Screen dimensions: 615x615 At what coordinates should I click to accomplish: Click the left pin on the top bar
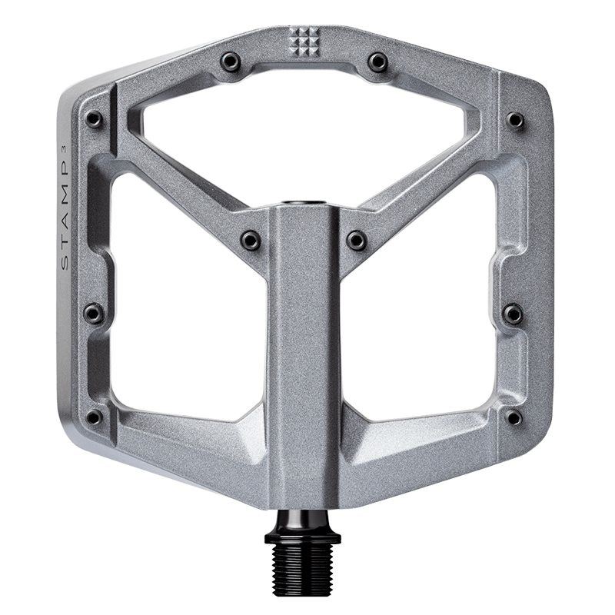point(230,61)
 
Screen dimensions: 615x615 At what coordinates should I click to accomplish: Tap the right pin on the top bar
point(377,61)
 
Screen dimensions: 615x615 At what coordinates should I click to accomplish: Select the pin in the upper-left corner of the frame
point(94,119)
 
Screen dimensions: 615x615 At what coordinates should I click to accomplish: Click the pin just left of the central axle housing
point(250,241)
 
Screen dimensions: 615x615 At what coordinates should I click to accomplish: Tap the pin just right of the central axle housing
point(356,241)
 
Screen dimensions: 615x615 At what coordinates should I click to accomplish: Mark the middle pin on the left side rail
point(93,313)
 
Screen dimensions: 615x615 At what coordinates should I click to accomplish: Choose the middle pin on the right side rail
point(513,313)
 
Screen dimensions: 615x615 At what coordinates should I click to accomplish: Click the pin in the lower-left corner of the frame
point(94,417)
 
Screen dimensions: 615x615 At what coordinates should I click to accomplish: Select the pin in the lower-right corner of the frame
point(513,417)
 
